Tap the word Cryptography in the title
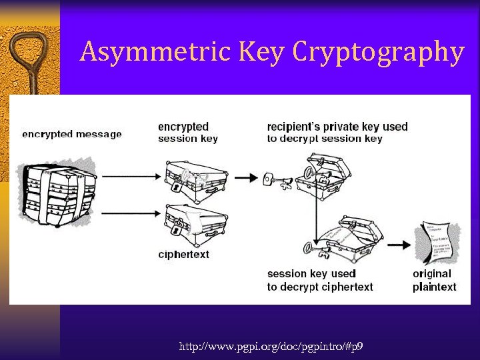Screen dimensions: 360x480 [377, 53]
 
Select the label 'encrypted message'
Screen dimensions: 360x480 [72, 134]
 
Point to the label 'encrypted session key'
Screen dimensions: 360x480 [188, 132]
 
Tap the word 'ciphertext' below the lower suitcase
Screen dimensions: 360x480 [183, 254]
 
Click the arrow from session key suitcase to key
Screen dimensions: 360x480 [246, 177]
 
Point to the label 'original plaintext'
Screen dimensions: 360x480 [434, 280]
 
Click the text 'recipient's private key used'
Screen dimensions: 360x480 [337, 126]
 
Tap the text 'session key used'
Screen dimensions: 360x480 [311, 273]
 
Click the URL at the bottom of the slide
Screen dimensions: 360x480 [271, 347]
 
